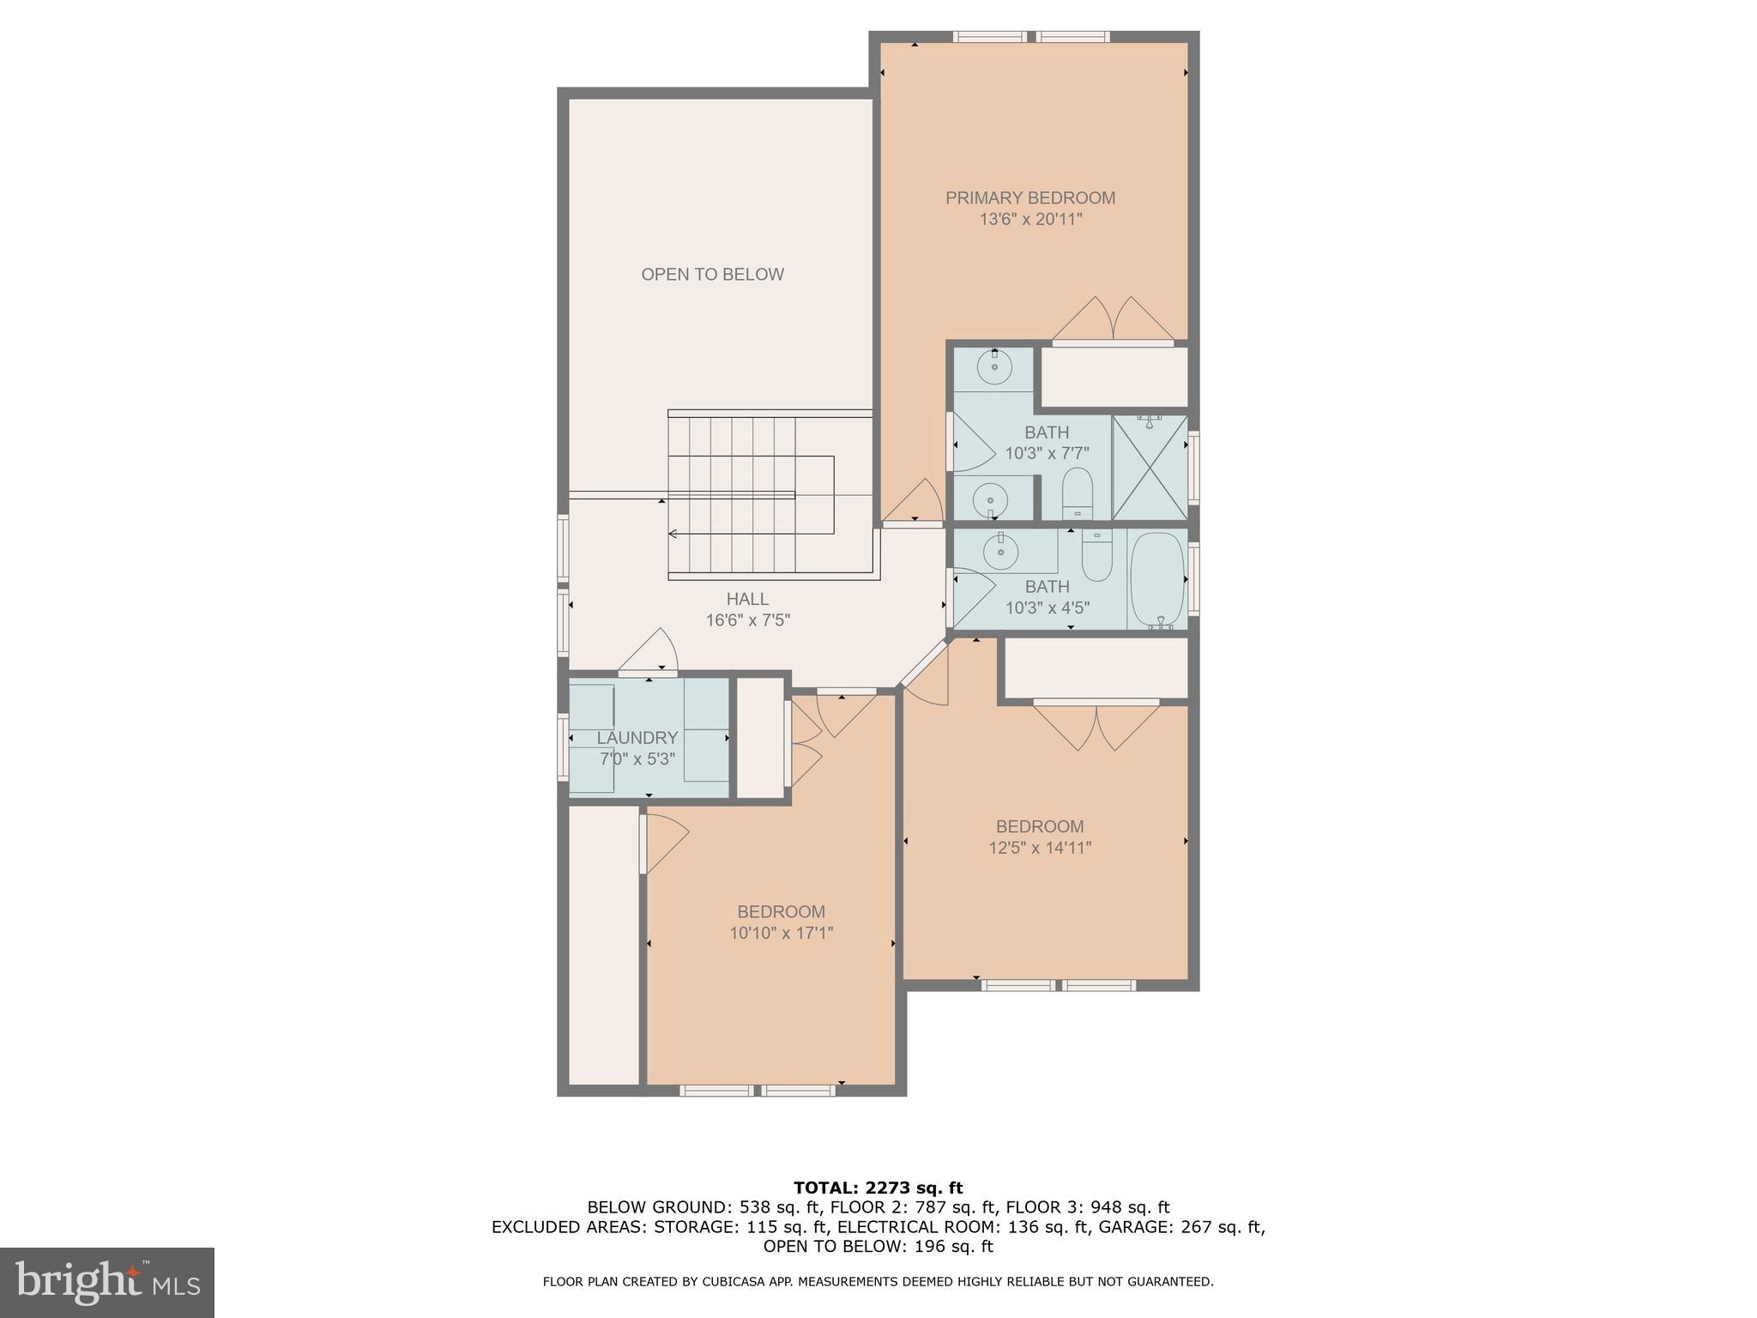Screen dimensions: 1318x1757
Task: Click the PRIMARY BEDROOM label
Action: (x=1030, y=198)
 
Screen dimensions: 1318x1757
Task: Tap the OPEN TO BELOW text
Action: (x=712, y=275)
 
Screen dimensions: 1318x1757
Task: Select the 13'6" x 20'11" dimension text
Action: (x=1030, y=220)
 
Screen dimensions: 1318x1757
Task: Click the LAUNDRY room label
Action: (x=637, y=738)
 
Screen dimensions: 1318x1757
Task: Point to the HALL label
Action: (x=747, y=600)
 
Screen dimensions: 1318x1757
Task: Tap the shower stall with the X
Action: (x=1150, y=468)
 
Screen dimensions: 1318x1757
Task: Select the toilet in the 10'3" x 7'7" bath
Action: (x=1076, y=493)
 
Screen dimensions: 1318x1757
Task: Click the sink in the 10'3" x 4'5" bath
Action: (x=999, y=553)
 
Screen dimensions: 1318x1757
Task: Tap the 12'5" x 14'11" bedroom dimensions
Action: (x=1040, y=848)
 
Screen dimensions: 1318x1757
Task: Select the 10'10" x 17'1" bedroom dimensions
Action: (x=781, y=933)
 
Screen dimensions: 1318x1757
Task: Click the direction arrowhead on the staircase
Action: (x=673, y=534)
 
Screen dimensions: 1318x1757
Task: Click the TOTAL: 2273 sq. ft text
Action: (x=878, y=1188)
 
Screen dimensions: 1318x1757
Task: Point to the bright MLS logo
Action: (x=107, y=1282)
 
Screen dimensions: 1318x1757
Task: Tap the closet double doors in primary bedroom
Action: (x=1113, y=319)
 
